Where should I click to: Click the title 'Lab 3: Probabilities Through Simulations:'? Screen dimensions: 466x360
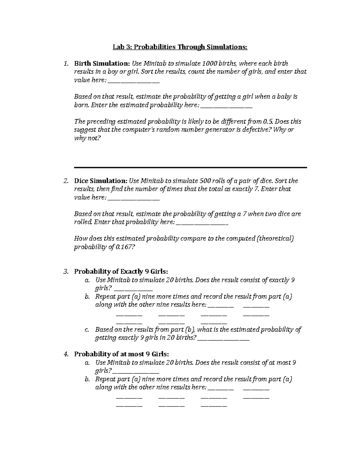(180, 47)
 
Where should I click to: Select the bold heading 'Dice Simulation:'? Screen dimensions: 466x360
(100, 181)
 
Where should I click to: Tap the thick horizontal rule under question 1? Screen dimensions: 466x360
(190, 167)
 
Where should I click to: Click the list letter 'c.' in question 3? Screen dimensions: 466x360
(87, 330)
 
